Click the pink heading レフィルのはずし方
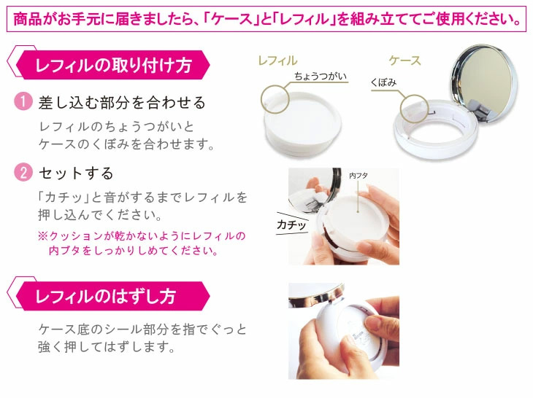pyautogui.click(x=105, y=297)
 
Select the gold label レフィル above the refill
pyautogui.click(x=277, y=61)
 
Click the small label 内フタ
pyautogui.click(x=358, y=176)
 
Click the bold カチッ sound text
pyautogui.click(x=291, y=225)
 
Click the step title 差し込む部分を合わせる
pyautogui.click(x=121, y=103)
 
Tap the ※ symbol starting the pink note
pyautogui.click(x=42, y=236)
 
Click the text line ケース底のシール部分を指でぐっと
pyautogui.click(x=143, y=329)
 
